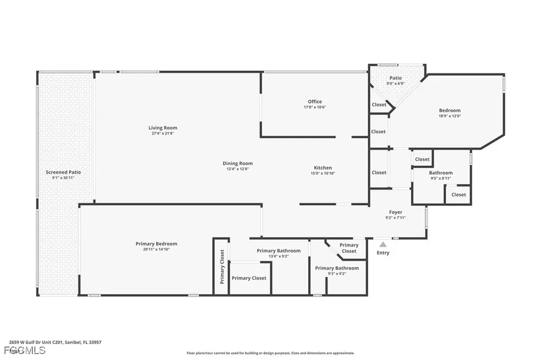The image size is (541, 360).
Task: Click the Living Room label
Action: (163, 128)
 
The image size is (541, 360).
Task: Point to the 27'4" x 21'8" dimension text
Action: (163, 134)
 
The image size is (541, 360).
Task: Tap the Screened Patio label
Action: (63, 172)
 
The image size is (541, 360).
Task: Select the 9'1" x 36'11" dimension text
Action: (63, 178)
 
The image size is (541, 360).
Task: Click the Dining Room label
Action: (238, 164)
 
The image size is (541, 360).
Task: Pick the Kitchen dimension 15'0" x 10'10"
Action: (323, 174)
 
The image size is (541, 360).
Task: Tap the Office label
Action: (315, 102)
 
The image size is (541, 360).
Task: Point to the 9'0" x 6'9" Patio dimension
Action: (396, 83)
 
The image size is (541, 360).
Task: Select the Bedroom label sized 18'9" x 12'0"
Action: (450, 111)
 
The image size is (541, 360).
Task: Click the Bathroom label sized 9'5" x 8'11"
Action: (441, 173)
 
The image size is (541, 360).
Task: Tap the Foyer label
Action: (396, 212)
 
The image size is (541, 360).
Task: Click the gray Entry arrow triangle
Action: (383, 244)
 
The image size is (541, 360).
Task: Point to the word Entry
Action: (383, 253)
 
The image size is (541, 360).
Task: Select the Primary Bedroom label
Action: (156, 244)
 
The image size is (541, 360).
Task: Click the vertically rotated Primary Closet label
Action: (222, 267)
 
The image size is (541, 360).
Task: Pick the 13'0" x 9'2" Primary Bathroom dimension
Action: (278, 257)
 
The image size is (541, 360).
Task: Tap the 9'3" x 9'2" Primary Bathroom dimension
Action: (337, 274)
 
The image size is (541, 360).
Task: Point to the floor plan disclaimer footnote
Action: (270, 353)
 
